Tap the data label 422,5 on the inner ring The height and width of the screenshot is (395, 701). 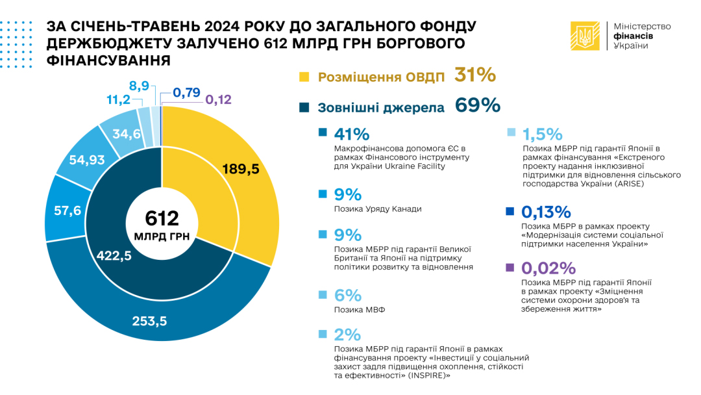114,256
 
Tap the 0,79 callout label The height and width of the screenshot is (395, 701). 187,92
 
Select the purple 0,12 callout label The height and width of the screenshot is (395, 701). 218,100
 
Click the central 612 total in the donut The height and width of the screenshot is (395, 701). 162,219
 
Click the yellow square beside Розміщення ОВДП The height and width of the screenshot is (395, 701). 304,77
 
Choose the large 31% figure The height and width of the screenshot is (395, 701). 475,75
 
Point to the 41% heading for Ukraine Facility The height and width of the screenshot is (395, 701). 351,134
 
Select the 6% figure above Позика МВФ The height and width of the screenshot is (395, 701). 347,296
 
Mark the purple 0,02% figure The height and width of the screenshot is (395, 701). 548,268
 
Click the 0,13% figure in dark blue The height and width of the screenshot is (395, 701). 547,212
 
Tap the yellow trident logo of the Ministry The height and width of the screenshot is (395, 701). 585,36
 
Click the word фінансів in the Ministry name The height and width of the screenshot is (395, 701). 633,36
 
